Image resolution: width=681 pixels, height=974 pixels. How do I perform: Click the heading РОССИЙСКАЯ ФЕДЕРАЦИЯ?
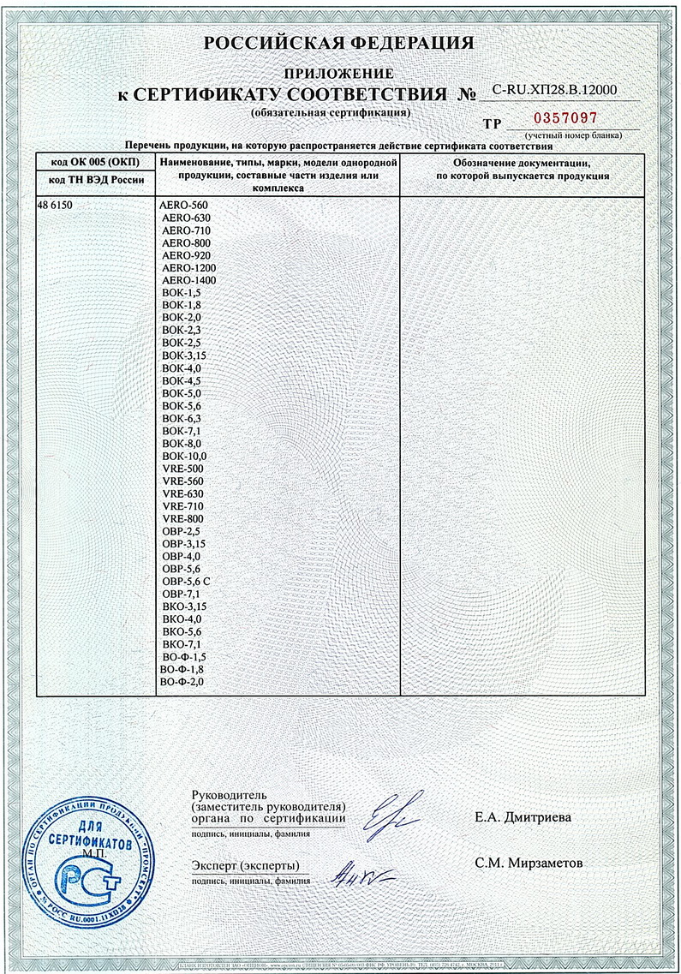(339, 44)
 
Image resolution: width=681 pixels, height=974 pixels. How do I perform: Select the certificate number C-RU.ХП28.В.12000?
(554, 89)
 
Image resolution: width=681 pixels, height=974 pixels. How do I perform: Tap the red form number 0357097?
(565, 118)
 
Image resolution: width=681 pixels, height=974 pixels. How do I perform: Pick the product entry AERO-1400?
(188, 280)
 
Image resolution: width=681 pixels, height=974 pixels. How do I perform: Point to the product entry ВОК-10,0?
(183, 457)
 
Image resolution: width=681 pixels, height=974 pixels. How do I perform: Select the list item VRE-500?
(182, 469)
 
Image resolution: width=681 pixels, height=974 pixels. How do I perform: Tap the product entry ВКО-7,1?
(181, 643)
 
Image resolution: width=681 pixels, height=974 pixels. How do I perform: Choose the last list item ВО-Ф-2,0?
(182, 681)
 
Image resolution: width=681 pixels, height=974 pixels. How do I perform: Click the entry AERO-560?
(184, 206)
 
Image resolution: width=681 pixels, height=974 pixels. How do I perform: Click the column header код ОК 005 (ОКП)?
(94, 161)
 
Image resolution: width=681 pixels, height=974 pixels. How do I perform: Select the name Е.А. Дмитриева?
(523, 817)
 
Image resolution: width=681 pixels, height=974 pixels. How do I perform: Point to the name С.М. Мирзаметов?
(529, 863)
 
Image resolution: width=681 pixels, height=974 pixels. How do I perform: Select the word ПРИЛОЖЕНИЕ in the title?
(339, 74)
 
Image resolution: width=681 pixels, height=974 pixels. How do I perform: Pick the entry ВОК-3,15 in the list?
(184, 355)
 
